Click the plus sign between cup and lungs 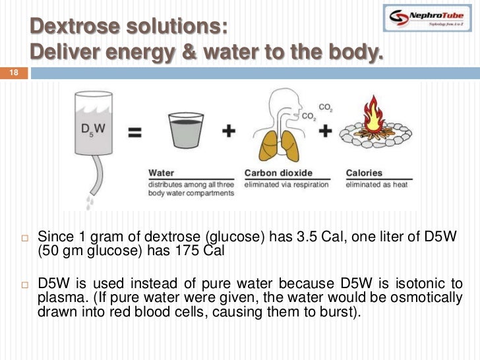click(x=229, y=131)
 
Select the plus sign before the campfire click(x=325, y=131)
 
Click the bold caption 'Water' click(x=162, y=173)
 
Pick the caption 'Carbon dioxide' click(x=277, y=173)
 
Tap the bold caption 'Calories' click(x=364, y=173)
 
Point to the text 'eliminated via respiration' click(x=286, y=185)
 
